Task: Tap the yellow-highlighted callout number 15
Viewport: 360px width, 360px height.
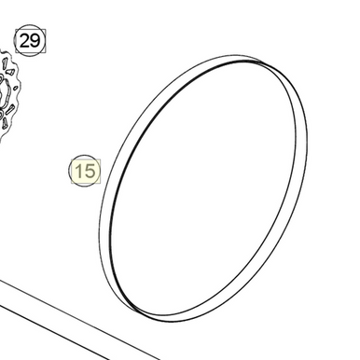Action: [x=84, y=172]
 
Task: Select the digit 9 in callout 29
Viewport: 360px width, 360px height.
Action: [x=35, y=40]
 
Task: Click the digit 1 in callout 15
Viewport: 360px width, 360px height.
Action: [x=78, y=172]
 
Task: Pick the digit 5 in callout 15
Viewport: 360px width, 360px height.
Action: [x=89, y=172]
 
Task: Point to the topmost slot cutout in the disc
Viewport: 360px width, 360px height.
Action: [x=6, y=69]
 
